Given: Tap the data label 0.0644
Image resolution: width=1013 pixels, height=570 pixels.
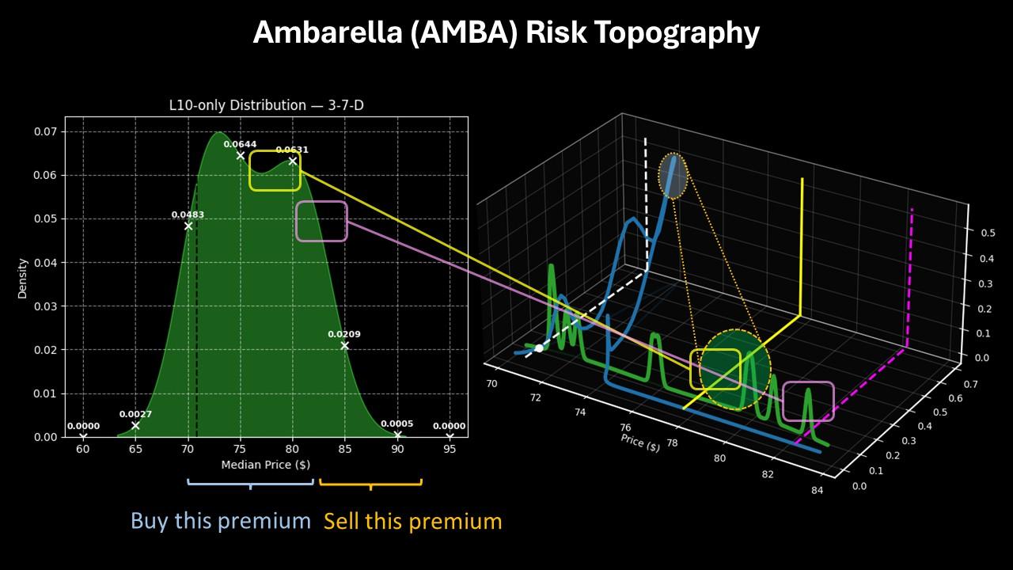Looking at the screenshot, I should [240, 144].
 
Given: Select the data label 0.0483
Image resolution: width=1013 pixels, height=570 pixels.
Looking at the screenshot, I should [188, 215].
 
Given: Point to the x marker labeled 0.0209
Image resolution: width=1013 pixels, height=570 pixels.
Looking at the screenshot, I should [344, 346].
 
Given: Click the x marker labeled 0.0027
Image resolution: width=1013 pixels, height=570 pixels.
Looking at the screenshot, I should [135, 426].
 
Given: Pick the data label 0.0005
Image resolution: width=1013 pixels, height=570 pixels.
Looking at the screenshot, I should [397, 424].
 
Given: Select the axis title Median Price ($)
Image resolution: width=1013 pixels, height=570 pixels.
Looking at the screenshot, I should [265, 465].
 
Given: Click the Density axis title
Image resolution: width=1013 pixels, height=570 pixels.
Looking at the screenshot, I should [24, 277].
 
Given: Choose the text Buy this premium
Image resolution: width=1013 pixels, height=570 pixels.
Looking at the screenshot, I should [221, 521].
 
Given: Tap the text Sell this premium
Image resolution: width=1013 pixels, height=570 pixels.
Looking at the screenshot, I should [412, 521].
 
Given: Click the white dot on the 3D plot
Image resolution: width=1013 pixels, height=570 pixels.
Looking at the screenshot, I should [539, 348].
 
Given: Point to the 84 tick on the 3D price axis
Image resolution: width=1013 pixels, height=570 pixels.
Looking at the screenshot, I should [818, 491].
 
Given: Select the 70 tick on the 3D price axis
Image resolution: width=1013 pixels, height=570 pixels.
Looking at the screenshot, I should [492, 384].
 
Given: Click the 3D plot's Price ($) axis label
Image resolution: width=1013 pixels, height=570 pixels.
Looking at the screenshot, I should [639, 443].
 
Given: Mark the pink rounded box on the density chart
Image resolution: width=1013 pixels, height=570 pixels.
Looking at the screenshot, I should [321, 221].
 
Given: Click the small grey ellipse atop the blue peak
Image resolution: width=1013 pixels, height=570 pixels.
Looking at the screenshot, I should [673, 175].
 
